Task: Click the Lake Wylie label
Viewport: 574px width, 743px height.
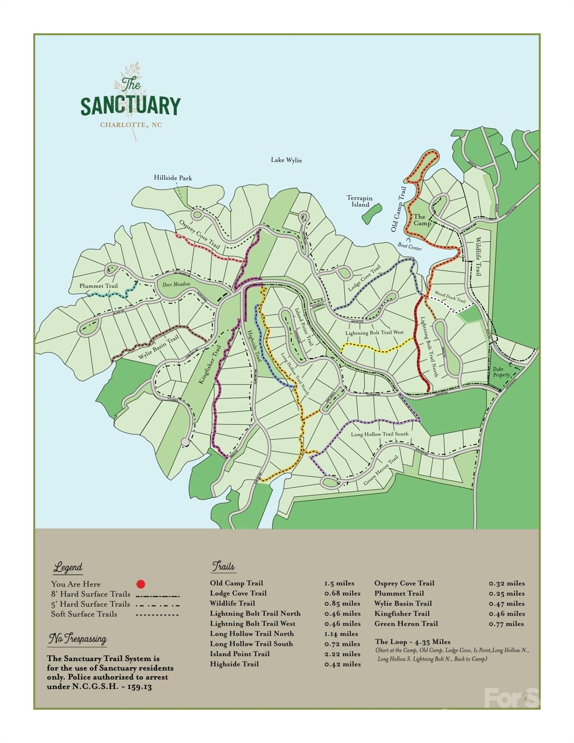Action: (286, 160)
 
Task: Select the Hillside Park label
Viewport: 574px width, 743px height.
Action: (173, 178)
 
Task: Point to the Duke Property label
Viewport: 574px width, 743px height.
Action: (501, 371)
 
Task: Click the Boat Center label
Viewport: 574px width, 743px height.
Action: (409, 248)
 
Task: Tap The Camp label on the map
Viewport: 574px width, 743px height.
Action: (422, 220)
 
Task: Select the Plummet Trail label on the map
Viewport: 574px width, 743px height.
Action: (99, 286)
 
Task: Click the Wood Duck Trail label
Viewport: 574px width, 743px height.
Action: (450, 297)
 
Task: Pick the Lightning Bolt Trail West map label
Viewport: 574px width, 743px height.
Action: (374, 333)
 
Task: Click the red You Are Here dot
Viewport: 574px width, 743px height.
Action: (141, 584)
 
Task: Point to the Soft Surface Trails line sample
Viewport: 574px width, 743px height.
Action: (157, 615)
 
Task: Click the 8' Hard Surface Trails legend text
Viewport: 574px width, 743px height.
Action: (91, 594)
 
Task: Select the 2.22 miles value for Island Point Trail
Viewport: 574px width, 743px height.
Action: (342, 654)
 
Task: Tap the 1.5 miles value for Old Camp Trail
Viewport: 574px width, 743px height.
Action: (339, 583)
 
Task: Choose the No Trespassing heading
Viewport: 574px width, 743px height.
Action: (77, 639)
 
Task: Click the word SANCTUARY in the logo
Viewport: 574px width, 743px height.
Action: (130, 106)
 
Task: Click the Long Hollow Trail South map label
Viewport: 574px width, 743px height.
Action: (379, 434)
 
